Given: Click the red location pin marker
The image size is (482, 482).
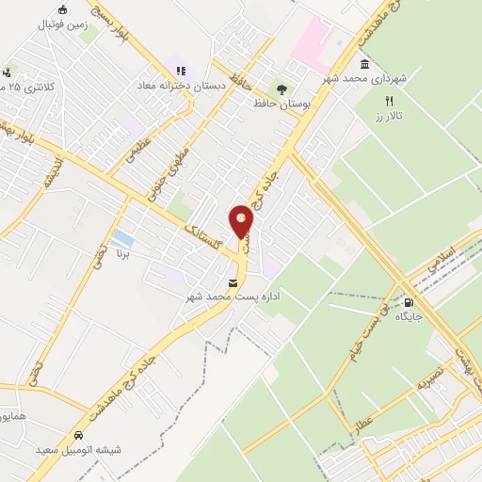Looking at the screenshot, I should [x=242, y=222].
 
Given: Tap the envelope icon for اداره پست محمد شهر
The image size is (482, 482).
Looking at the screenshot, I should [x=233, y=283].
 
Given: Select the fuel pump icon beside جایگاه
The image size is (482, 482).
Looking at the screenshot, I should [x=408, y=303].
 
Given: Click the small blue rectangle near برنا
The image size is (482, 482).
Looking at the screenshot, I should [x=121, y=236].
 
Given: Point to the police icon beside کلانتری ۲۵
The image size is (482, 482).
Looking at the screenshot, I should [x=8, y=72].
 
